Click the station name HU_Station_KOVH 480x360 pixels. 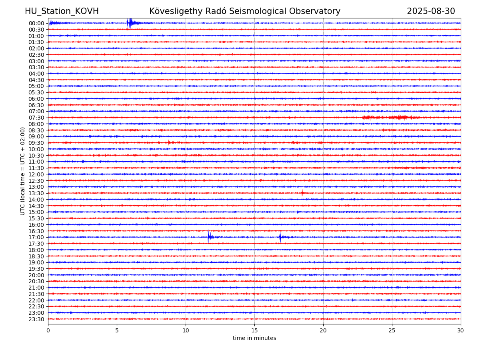pos(62,11)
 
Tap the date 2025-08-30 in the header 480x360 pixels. pos(431,11)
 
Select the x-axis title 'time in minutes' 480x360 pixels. pos(254,338)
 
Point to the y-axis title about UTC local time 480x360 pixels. pos(22,171)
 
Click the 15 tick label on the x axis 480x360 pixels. pos(254,330)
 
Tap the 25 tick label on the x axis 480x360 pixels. pos(392,330)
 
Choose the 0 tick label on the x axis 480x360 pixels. pos(48,330)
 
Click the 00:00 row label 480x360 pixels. pos(36,23)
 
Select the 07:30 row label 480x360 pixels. pos(36,118)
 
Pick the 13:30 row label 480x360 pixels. pos(36,193)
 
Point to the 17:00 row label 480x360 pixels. pos(36,237)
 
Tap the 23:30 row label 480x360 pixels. pos(36,319)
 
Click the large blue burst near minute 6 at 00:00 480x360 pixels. pos(130,23)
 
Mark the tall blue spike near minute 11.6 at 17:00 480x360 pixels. pos(208,236)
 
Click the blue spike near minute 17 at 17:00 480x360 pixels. pos(280,237)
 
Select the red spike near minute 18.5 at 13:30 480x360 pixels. pos(302,193)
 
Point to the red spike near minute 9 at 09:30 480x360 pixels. pos(169,142)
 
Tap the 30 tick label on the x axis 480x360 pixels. pos(460,330)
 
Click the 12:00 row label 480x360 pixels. pos(36,174)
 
